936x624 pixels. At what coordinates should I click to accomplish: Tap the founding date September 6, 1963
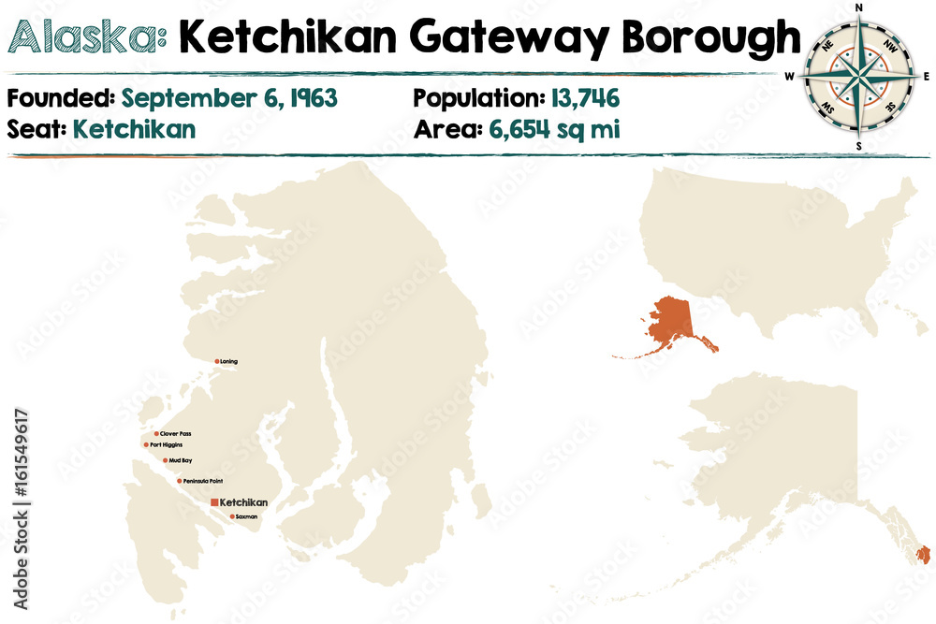point(229,98)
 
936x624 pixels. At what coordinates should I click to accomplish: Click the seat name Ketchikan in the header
point(135,129)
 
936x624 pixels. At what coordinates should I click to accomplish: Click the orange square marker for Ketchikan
point(214,503)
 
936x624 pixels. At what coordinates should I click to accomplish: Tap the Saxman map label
point(246,516)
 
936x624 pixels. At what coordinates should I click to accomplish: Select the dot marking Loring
point(217,361)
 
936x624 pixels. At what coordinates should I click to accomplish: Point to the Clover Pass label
point(176,434)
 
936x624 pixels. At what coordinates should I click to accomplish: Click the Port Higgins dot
point(146,445)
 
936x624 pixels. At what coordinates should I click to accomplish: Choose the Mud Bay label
point(181,460)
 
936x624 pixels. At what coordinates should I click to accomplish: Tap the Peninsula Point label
point(203,481)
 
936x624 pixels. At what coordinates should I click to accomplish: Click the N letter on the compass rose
point(859,7)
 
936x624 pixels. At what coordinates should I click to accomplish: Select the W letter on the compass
point(790,77)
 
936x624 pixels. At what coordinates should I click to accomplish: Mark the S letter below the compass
point(859,146)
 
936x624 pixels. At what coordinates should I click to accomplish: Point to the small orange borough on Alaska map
point(924,555)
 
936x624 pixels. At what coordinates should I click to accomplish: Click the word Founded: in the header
point(62,98)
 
